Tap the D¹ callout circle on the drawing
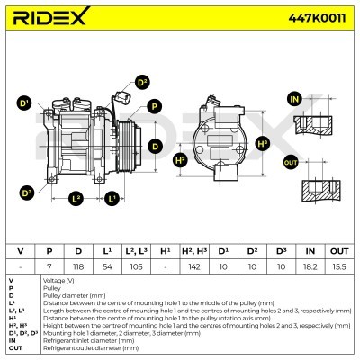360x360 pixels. [x=24, y=103]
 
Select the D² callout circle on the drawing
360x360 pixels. [x=141, y=83]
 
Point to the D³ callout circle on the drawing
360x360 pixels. [x=26, y=192]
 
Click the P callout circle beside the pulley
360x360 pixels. [x=155, y=106]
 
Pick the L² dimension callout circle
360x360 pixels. [x=76, y=198]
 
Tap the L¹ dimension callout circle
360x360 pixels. [x=112, y=198]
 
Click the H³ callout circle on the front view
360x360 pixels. [x=263, y=143]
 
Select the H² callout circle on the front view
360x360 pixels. [x=180, y=160]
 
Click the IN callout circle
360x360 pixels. [x=292, y=98]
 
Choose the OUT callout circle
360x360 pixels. [x=290, y=162]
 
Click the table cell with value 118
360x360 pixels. [x=78, y=267]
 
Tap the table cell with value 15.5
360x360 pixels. [x=338, y=267]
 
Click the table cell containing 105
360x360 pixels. [x=136, y=267]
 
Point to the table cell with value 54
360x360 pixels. [x=107, y=267]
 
